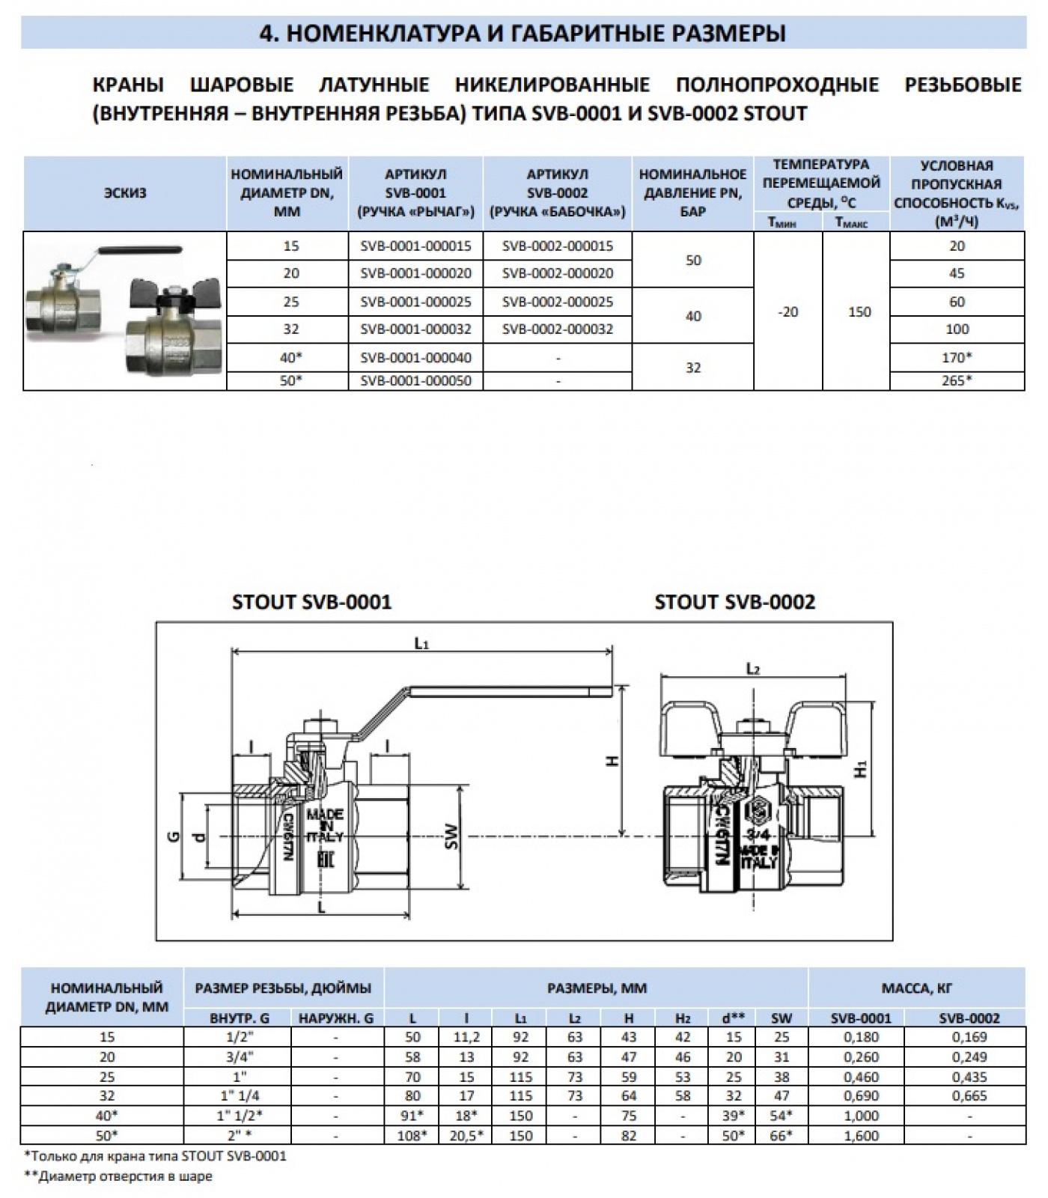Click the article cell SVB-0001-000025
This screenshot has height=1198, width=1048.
point(415,302)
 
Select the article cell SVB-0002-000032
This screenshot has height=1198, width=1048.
point(558,329)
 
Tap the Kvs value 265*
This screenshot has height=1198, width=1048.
point(957,380)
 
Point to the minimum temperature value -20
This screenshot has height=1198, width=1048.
point(787,311)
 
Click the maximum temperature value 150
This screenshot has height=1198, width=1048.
point(859,311)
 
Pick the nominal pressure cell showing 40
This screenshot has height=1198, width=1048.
point(693,316)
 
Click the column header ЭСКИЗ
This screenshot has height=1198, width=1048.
point(125,193)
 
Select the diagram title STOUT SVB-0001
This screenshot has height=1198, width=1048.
point(312,602)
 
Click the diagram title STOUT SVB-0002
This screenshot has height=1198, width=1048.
point(734,602)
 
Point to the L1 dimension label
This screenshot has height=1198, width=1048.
point(422,642)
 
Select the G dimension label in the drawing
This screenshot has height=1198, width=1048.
point(171,836)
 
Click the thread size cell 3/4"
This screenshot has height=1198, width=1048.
point(237,1057)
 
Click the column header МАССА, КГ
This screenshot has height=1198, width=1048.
point(916,988)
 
